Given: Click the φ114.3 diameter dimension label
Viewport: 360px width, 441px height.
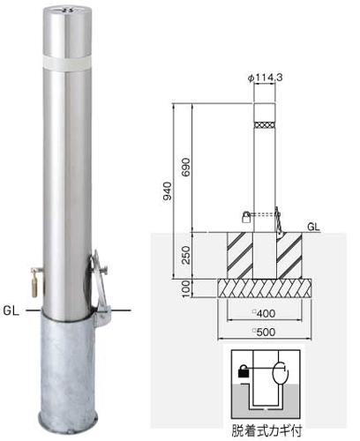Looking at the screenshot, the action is point(266,78).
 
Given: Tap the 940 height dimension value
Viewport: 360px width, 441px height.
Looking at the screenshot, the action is point(168,191).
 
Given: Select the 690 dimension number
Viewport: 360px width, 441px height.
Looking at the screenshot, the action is point(186,167).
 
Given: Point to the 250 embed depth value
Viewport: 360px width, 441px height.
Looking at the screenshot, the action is point(186,255).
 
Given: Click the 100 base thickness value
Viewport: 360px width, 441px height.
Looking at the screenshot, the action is point(186,288).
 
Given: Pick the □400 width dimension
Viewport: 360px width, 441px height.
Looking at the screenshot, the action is point(264,313).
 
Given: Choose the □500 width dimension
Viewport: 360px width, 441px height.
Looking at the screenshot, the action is point(264,332).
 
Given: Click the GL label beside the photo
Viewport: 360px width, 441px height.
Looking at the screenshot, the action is point(11,310).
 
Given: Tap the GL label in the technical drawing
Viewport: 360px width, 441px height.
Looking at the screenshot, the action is point(313,227).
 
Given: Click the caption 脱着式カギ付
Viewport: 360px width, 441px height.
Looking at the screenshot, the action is point(266,431).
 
